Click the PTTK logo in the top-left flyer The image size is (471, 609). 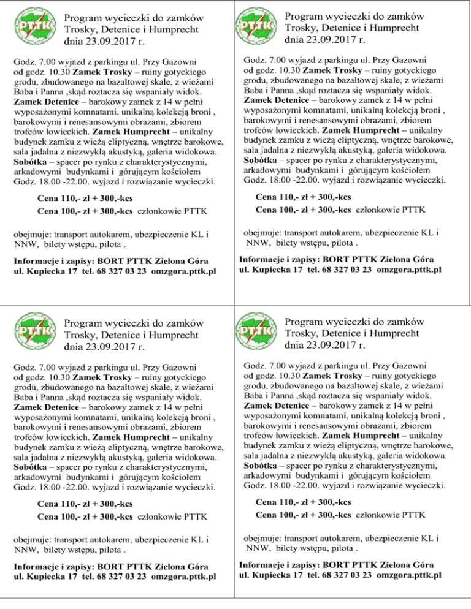click(34, 28)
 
